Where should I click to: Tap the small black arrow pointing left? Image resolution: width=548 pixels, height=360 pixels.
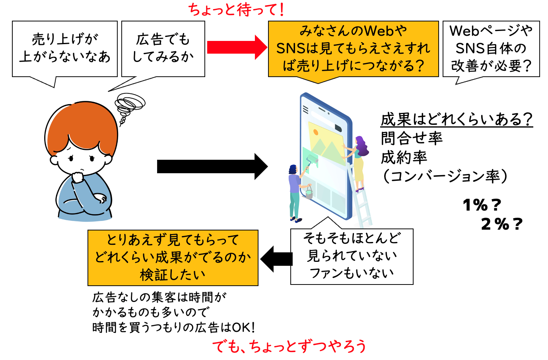(276, 259)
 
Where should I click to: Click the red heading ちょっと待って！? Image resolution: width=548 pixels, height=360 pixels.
(236, 10)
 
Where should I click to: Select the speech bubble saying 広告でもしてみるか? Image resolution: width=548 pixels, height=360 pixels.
(163, 48)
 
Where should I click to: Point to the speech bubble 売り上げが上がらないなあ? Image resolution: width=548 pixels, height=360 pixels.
(65, 48)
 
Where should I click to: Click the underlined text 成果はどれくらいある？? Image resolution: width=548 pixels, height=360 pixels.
(456, 119)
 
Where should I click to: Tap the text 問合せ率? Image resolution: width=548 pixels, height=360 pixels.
(412, 138)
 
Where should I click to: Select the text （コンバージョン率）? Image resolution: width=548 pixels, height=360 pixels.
(445, 176)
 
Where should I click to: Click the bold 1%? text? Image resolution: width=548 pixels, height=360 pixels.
(482, 205)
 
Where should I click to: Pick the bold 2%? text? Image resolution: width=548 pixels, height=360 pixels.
(501, 224)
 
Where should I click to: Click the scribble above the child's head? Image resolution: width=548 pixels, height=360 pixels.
(129, 104)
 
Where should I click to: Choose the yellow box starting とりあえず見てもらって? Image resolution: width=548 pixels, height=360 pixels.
(173, 257)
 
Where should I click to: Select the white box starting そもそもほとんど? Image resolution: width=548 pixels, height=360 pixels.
(352, 256)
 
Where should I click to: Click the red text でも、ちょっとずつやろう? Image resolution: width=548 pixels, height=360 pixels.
(289, 346)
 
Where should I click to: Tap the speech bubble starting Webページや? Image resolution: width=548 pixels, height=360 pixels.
(491, 48)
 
